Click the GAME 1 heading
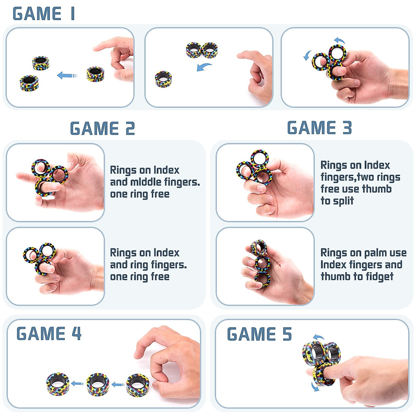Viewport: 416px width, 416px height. click(x=44, y=14)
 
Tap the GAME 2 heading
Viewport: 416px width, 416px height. click(x=102, y=129)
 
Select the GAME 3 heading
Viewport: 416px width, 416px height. click(x=319, y=128)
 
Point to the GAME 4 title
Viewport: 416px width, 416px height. click(x=49, y=334)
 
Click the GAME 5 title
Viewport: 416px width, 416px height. click(x=259, y=335)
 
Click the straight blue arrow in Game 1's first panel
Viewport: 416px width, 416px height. click(x=66, y=75)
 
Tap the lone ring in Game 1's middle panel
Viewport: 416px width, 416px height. click(x=163, y=79)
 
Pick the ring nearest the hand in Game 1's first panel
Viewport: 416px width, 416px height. click(x=95, y=74)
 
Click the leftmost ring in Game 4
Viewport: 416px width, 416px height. click(x=58, y=383)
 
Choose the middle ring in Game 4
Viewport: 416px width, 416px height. click(x=98, y=384)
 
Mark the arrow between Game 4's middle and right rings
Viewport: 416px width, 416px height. click(x=118, y=384)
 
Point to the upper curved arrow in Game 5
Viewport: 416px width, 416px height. click(x=318, y=337)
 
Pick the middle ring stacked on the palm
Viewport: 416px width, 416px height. click(x=262, y=263)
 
